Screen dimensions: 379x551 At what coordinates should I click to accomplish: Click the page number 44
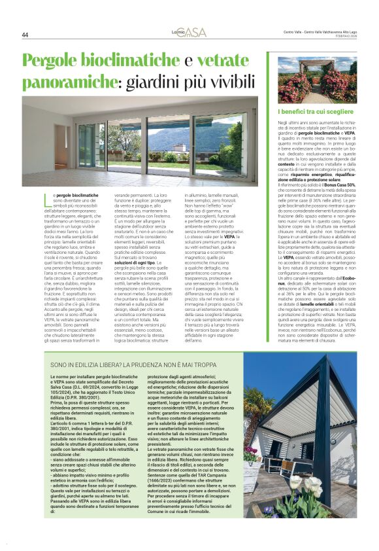pyautogui.click(x=25, y=35)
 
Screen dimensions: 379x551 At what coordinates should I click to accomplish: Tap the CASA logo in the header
pyautogui.click(x=189, y=32)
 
